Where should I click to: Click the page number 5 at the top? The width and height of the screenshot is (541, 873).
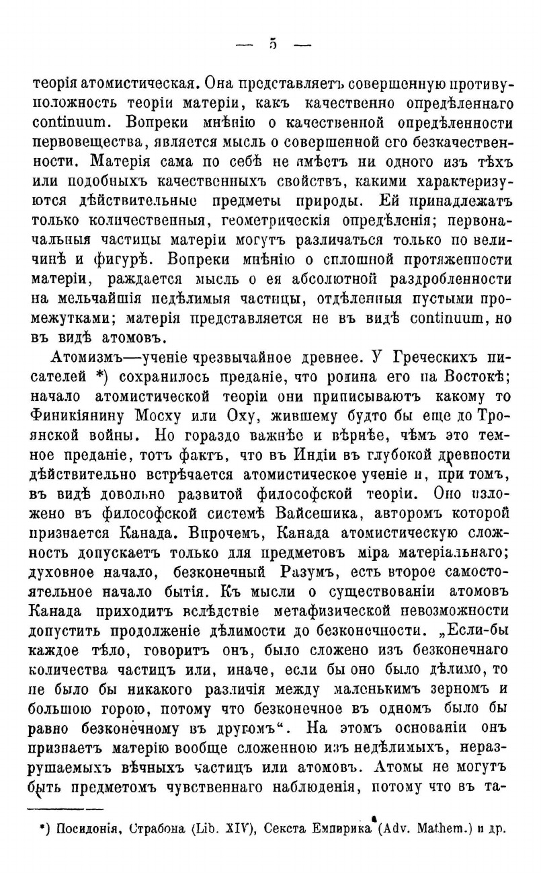point(273,45)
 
